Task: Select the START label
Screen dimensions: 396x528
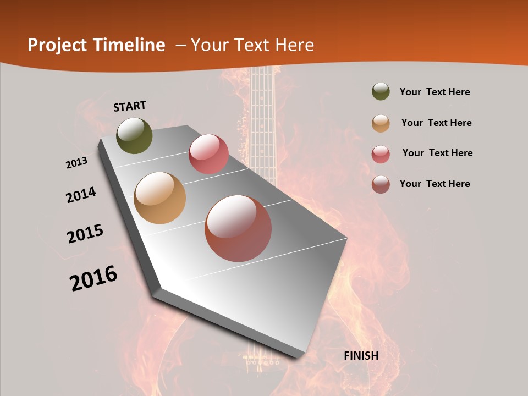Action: (130, 106)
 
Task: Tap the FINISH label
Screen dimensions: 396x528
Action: (361, 356)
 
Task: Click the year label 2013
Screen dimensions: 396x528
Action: (77, 163)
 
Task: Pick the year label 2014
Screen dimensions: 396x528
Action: (81, 195)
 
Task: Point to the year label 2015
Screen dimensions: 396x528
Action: (85, 234)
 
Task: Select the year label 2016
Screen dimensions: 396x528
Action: (94, 278)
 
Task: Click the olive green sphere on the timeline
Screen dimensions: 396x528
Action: (134, 135)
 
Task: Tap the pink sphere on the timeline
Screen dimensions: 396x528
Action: (208, 153)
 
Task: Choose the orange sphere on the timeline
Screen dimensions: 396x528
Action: (160, 198)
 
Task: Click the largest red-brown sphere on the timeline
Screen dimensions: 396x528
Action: (238, 228)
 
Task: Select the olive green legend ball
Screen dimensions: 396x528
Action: (381, 91)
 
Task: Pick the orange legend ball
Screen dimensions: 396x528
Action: (381, 123)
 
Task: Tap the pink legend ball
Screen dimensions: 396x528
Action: (381, 153)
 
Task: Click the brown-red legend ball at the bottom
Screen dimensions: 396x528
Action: (381, 184)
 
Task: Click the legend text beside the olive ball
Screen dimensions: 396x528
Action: (435, 92)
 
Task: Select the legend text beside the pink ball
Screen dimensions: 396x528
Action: (438, 153)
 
